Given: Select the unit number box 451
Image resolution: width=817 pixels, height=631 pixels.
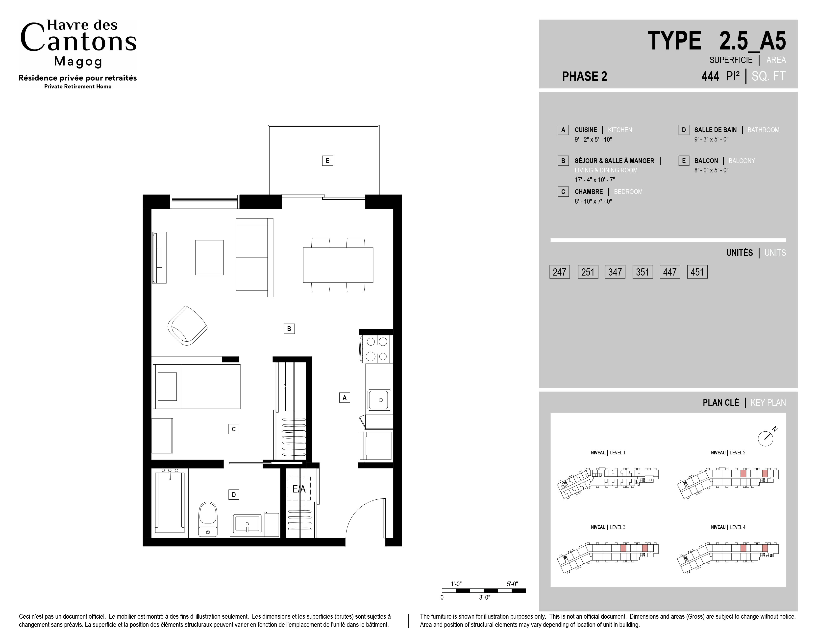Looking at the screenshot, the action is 697,272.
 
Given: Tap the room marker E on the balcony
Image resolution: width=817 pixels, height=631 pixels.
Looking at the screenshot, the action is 327,161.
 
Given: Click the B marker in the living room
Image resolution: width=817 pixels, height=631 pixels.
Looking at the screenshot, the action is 289,328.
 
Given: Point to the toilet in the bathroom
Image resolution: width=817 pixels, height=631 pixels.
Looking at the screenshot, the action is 208,519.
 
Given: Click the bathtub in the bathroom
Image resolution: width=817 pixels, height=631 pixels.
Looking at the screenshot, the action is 170,502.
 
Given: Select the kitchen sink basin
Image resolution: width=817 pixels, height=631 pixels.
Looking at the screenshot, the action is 380,400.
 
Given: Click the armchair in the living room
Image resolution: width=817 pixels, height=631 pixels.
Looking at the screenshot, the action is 187,326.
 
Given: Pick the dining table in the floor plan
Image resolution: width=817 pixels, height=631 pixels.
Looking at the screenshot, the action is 338,265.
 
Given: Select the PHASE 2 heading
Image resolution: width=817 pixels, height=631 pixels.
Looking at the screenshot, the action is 584,76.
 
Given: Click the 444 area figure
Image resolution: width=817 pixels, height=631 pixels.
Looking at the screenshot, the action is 710,76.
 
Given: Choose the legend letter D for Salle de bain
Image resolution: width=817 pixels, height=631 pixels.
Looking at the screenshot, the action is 684,130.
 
